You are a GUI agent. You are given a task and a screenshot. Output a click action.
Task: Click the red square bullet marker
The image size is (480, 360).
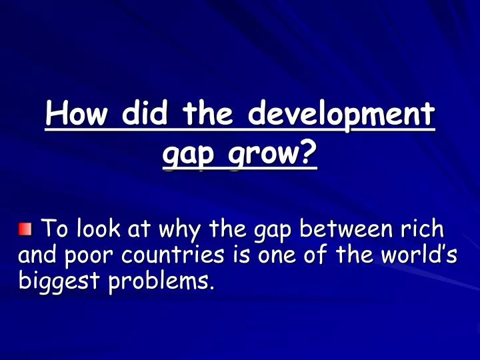click(x=25, y=230)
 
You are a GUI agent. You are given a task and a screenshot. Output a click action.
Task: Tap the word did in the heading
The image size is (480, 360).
click(x=145, y=115)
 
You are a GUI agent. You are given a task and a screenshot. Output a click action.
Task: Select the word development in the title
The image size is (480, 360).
click(x=341, y=115)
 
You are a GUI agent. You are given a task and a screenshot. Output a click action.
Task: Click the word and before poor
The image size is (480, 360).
click(x=34, y=255)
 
